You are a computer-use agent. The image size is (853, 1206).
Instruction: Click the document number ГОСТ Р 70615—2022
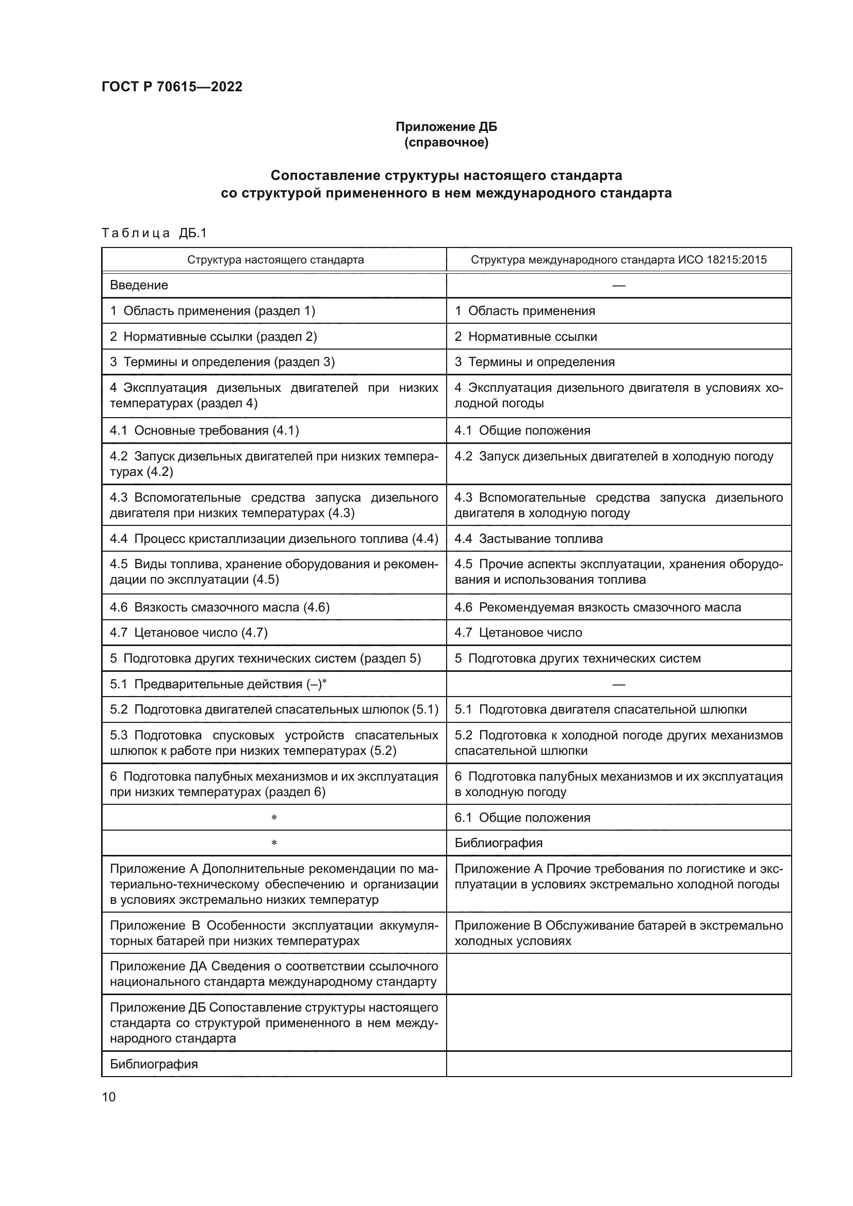click(172, 87)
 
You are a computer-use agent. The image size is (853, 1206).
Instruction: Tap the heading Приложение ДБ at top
click(446, 127)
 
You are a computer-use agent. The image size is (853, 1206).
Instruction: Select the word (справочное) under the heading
click(446, 142)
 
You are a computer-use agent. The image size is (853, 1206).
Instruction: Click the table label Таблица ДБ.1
click(154, 233)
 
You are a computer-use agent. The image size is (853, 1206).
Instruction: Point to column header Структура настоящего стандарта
click(275, 259)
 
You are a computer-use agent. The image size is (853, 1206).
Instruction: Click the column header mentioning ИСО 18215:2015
click(618, 259)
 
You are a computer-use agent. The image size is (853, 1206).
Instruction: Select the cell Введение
click(139, 285)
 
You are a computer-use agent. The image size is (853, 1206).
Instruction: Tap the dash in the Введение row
click(618, 285)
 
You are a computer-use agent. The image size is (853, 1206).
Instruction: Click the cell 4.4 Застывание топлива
click(528, 538)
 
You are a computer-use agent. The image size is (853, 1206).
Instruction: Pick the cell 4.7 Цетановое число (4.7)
click(189, 633)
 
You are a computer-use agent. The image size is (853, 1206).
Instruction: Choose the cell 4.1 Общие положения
click(521, 431)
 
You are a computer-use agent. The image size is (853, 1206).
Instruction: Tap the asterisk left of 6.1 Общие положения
click(274, 818)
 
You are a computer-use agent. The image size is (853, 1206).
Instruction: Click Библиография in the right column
click(498, 843)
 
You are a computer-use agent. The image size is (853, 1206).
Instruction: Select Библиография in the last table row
click(153, 1064)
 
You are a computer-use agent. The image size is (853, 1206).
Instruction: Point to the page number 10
click(109, 1097)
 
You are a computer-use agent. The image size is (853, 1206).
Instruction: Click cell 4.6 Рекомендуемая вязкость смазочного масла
click(597, 607)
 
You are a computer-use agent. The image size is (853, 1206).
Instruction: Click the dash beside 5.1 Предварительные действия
click(618, 684)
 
